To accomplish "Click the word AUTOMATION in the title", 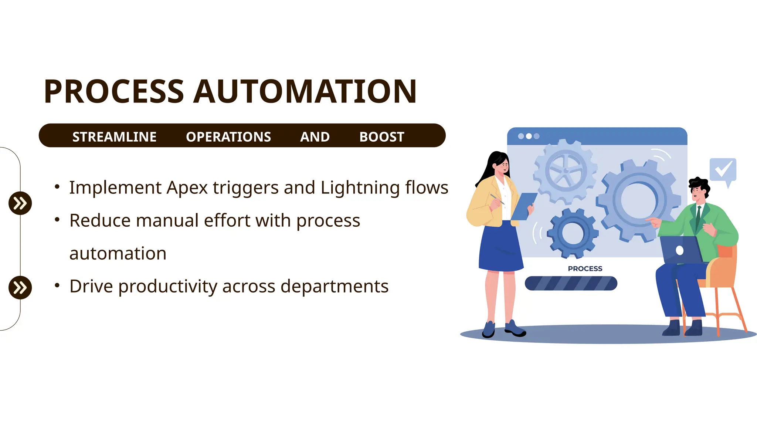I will (x=305, y=92).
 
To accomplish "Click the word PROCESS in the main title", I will (x=114, y=92).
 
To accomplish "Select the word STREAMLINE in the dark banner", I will (x=114, y=137).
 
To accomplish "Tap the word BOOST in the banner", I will (x=381, y=137).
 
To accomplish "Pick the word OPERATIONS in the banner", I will (x=228, y=137).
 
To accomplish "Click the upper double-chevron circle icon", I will (x=20, y=203).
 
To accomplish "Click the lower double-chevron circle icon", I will (x=20, y=287).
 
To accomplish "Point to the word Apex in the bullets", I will (x=187, y=188).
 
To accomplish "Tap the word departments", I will (x=334, y=287).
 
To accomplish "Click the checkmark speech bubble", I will (x=723, y=170).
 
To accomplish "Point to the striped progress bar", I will (x=571, y=283).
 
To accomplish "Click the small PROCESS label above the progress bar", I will (x=585, y=269).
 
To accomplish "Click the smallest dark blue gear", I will (x=573, y=233).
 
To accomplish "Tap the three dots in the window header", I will (x=529, y=136).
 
